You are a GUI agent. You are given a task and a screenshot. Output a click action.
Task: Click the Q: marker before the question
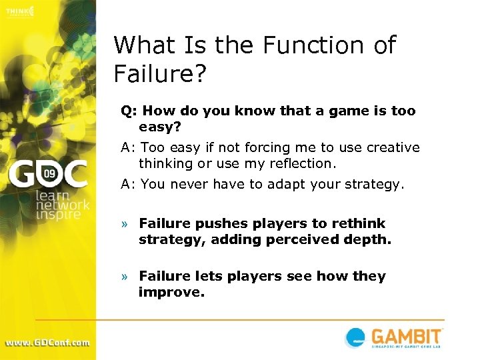pyautogui.click(x=129, y=111)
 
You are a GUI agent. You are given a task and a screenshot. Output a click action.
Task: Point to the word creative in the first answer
pyautogui.click(x=386, y=147)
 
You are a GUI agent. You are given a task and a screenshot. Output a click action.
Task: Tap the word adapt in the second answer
pyautogui.click(x=289, y=185)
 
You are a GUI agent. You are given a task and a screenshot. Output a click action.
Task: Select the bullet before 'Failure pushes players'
pyautogui.click(x=124, y=224)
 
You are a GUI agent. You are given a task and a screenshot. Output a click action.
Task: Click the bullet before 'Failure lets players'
pyautogui.click(x=124, y=277)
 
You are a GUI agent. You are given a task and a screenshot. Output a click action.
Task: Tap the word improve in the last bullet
pyautogui.click(x=169, y=292)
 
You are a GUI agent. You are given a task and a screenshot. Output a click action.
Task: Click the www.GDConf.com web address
pyautogui.click(x=47, y=343)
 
